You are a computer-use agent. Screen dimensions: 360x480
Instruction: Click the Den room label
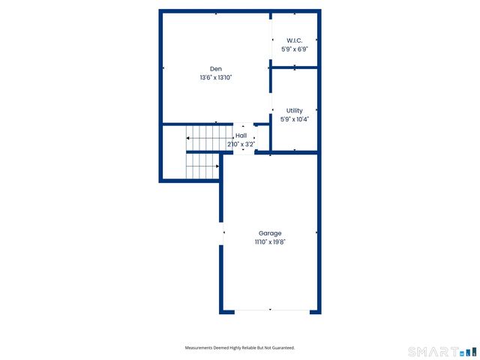coord(215,68)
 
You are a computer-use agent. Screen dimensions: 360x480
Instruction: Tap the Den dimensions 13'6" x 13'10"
coord(215,77)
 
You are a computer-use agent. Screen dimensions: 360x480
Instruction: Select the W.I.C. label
coord(295,40)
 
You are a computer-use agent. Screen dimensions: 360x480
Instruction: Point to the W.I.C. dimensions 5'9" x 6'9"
coord(295,49)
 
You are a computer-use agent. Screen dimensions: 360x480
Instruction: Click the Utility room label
coord(295,110)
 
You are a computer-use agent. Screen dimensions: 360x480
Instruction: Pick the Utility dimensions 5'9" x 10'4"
coord(295,118)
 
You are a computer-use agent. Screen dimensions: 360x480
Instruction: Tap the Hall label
coord(241,136)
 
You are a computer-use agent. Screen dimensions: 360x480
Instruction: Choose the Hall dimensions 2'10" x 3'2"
coord(241,144)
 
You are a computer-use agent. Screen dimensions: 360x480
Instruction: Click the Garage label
coord(270,233)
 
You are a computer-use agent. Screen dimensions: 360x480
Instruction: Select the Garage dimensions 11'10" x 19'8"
coord(270,241)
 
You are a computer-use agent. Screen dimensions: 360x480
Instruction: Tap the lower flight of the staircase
coord(202,166)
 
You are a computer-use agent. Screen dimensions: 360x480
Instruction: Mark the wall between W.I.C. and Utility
coord(295,67)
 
